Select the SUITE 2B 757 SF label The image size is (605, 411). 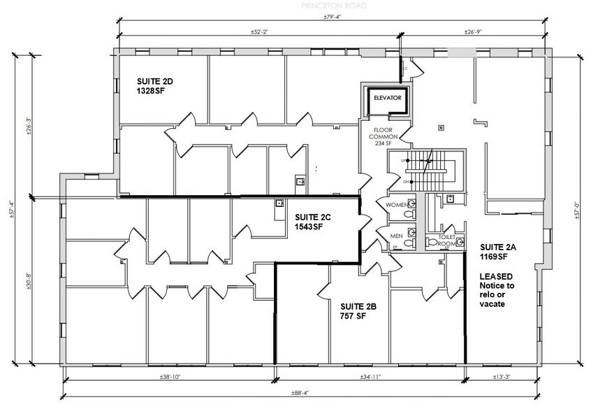(358, 311)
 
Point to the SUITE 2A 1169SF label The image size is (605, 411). (497, 253)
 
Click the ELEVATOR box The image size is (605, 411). (386, 99)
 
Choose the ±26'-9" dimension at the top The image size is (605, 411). (474, 32)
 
